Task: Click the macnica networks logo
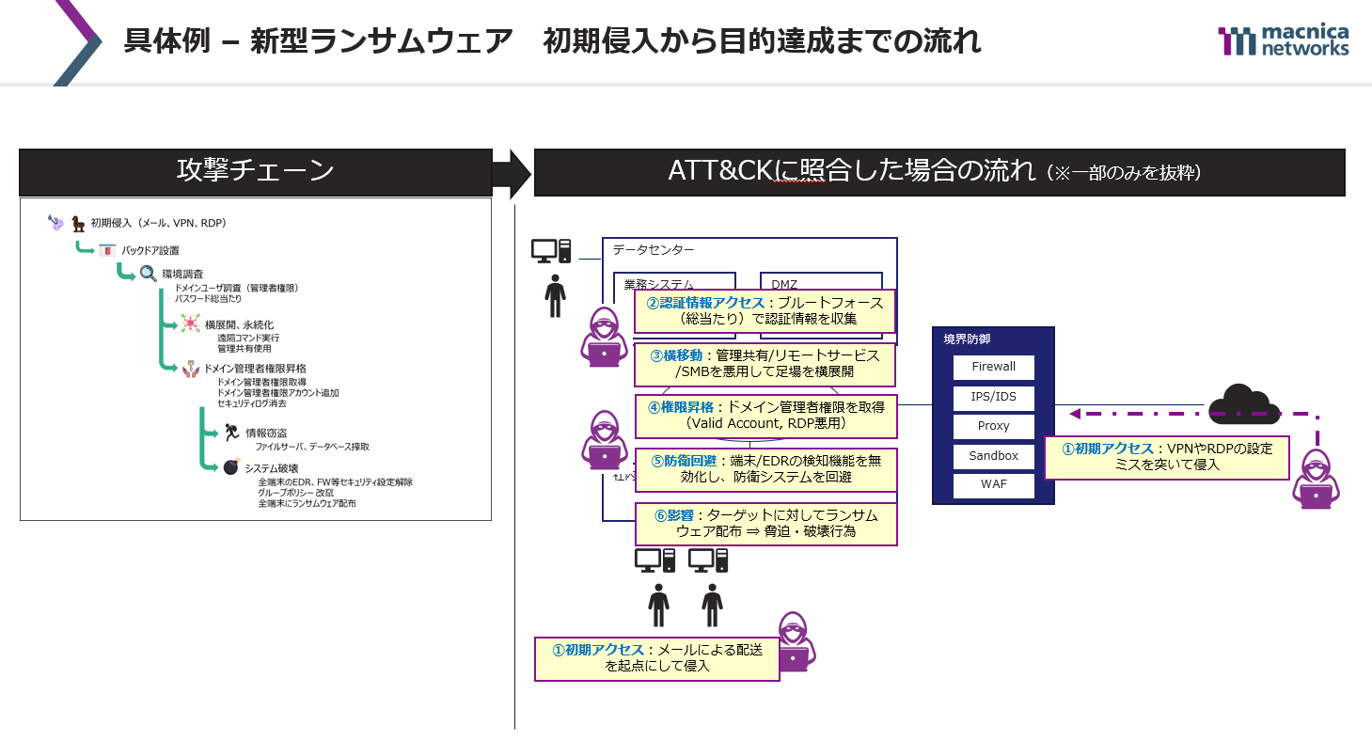(x=1284, y=40)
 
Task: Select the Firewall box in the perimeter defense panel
(x=993, y=367)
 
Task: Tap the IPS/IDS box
(x=993, y=396)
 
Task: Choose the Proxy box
(x=993, y=426)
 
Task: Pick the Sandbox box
(x=993, y=456)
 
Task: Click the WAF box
(x=993, y=485)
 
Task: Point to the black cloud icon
(x=1243, y=405)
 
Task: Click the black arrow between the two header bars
(x=512, y=173)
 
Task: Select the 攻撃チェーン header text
(x=256, y=171)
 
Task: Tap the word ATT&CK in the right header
(x=719, y=172)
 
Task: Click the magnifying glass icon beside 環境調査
(x=149, y=274)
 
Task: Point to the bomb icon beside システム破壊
(x=230, y=467)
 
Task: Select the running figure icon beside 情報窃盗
(x=231, y=433)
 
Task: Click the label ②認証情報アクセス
(x=706, y=303)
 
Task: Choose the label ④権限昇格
(x=682, y=407)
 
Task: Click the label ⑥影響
(x=675, y=514)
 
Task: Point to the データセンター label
(x=654, y=250)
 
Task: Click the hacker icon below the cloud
(x=1315, y=479)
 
